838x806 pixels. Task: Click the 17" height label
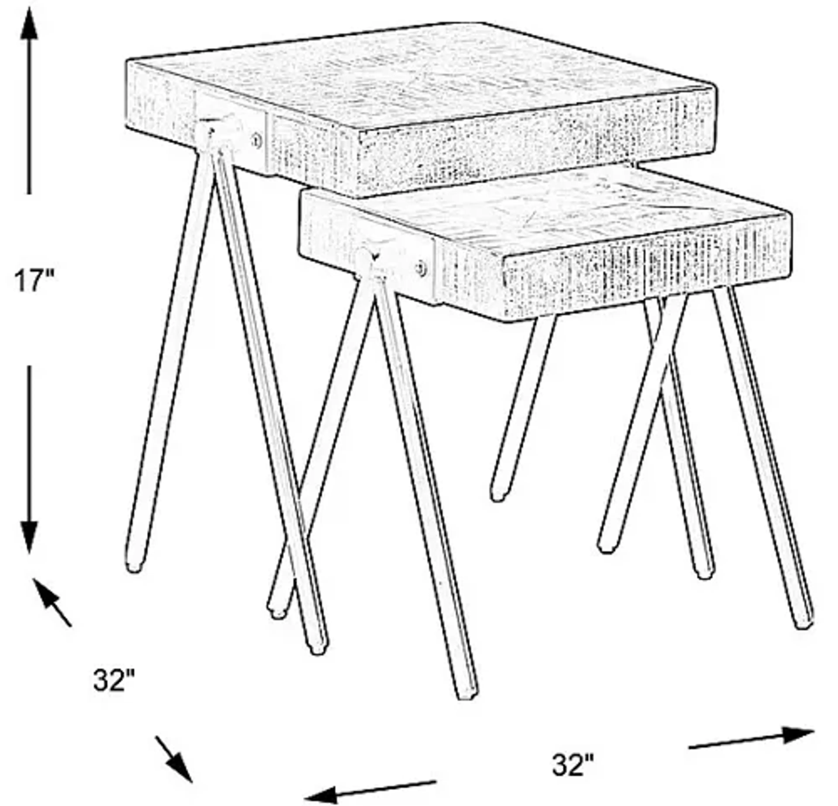34,281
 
